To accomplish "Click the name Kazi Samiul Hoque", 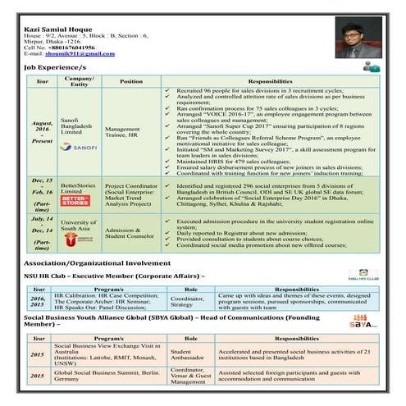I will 57,29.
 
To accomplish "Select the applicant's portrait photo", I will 354,39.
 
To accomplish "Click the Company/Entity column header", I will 79,81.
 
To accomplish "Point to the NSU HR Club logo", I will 361,275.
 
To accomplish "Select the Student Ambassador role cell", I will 188,354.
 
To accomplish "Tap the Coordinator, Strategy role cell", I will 189,299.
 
